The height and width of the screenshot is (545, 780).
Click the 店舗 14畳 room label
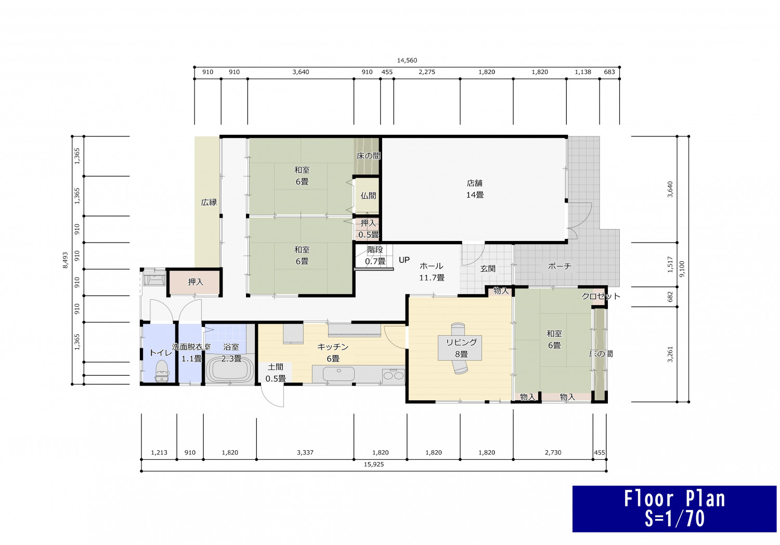[475, 189]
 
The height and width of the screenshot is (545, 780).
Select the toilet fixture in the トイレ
[161, 371]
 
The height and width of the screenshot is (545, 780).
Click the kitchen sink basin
[339, 374]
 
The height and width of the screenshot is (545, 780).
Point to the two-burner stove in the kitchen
[394, 375]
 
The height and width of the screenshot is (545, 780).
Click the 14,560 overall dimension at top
[407, 60]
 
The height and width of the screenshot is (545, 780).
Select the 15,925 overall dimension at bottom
[374, 464]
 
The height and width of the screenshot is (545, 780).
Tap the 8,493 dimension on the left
[66, 260]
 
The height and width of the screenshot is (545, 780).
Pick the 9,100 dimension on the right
[682, 269]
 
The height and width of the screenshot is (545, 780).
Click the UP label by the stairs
[404, 260]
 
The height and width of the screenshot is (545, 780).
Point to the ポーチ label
[560, 266]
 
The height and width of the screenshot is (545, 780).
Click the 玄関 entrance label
[488, 269]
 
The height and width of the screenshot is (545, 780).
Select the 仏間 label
[368, 196]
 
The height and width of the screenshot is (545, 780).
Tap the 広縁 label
[209, 202]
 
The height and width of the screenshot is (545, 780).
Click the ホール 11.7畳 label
[432, 272]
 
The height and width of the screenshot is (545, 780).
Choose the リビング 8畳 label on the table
[461, 348]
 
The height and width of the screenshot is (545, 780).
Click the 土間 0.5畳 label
[276, 373]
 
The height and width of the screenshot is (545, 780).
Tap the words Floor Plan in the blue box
[674, 499]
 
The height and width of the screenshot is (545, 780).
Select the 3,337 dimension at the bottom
[305, 453]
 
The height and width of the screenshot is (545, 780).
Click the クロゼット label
[601, 297]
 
